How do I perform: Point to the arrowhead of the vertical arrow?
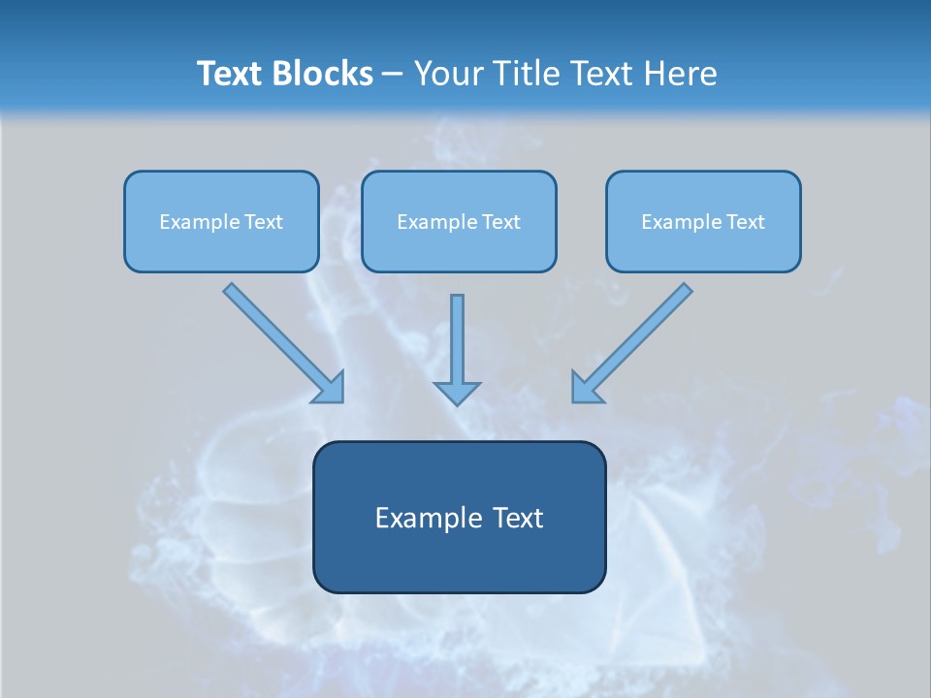457,393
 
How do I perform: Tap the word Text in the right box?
746,222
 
